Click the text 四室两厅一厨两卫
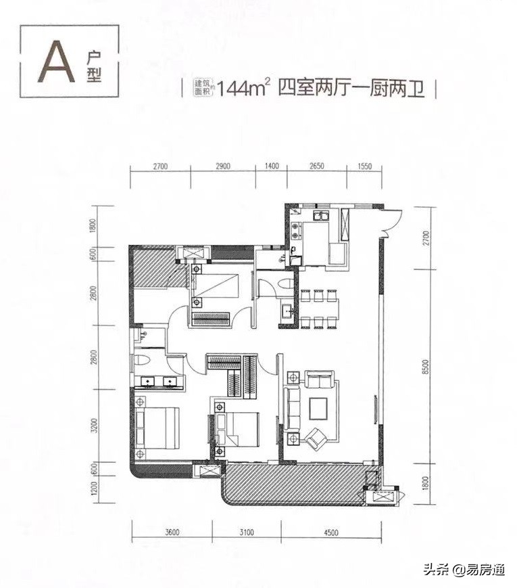click(x=351, y=89)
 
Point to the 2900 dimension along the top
click(x=222, y=166)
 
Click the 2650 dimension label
click(x=317, y=166)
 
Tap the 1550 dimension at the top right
click(x=365, y=166)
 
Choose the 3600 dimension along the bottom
click(x=172, y=532)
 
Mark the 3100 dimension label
click(x=246, y=532)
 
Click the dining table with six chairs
click(x=320, y=308)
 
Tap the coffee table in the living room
click(x=318, y=408)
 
